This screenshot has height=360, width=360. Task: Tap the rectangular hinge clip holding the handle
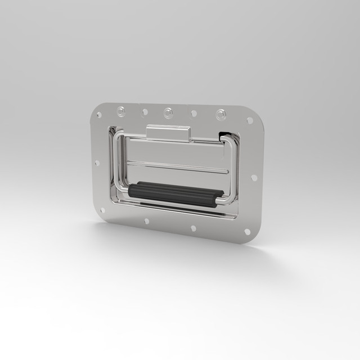(x=168, y=133)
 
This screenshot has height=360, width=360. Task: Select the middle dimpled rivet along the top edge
(x=168, y=112)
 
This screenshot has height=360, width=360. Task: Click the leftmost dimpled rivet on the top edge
(x=121, y=111)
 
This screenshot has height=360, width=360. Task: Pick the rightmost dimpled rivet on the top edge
(x=220, y=115)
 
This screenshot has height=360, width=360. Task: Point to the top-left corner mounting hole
(x=100, y=115)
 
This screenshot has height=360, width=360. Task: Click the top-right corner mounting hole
(x=250, y=120)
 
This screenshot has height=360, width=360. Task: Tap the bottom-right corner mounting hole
(x=247, y=231)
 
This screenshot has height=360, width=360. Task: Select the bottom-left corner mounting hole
(x=102, y=211)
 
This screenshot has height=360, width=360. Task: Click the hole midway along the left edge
(x=97, y=163)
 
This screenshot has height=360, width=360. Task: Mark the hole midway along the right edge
(x=254, y=178)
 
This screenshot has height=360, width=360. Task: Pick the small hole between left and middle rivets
(x=145, y=112)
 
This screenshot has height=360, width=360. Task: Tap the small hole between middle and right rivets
(x=194, y=114)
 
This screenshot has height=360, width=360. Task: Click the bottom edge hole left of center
(x=147, y=221)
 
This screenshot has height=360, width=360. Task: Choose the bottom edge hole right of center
(x=193, y=228)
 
